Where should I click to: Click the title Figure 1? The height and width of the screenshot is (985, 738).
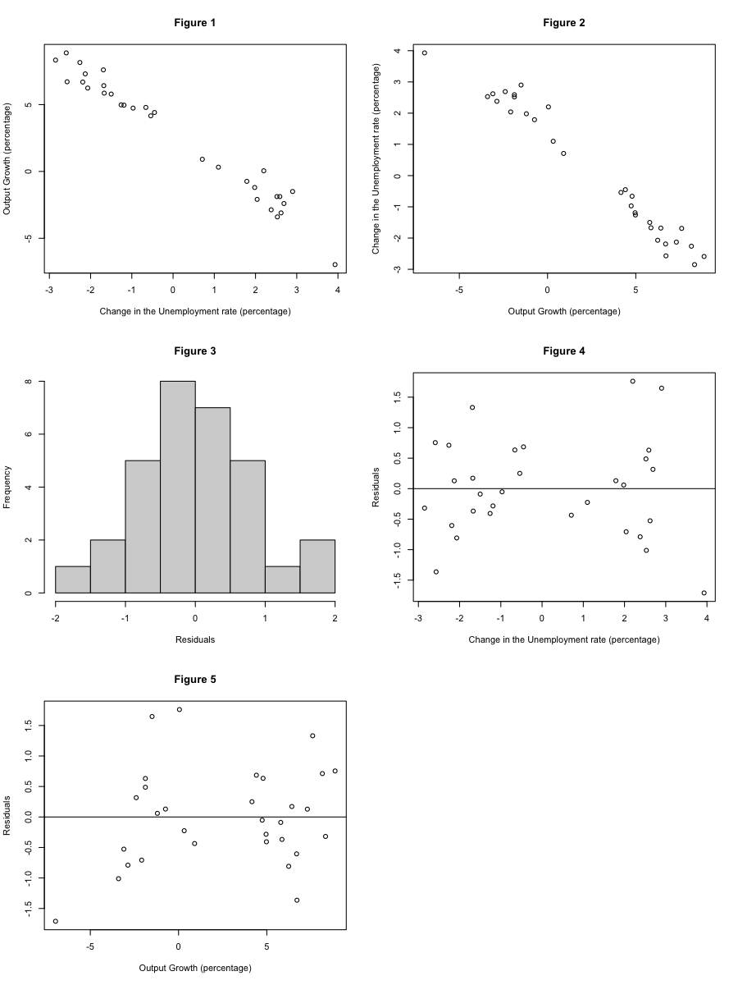(195, 22)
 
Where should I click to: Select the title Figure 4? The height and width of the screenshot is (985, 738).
(564, 350)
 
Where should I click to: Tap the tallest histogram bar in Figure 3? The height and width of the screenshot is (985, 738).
(178, 487)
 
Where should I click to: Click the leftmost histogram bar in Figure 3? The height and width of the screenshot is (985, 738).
(73, 580)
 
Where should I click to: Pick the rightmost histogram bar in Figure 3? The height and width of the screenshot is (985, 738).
(317, 566)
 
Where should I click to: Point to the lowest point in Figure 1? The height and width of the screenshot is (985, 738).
(335, 264)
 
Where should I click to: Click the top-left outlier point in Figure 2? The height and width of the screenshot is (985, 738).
(425, 53)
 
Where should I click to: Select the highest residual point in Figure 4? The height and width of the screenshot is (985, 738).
(633, 381)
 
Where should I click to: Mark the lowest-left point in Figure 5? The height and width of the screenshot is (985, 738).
(56, 921)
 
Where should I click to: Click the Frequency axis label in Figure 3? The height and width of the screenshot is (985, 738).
(8, 487)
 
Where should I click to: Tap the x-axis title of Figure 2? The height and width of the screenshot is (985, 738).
(564, 311)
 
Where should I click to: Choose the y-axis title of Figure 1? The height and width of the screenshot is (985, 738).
(8, 158)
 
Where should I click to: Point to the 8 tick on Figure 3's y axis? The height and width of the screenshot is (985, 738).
(29, 382)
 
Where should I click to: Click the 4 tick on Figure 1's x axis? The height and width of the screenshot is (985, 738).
(337, 290)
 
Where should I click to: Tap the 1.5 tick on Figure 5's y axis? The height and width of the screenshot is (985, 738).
(28, 726)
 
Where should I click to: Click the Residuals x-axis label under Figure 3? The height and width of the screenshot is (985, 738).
(195, 639)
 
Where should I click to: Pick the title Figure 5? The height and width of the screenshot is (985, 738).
(195, 679)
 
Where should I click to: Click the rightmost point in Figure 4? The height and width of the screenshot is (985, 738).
(704, 593)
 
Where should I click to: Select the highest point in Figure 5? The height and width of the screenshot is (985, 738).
(180, 709)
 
